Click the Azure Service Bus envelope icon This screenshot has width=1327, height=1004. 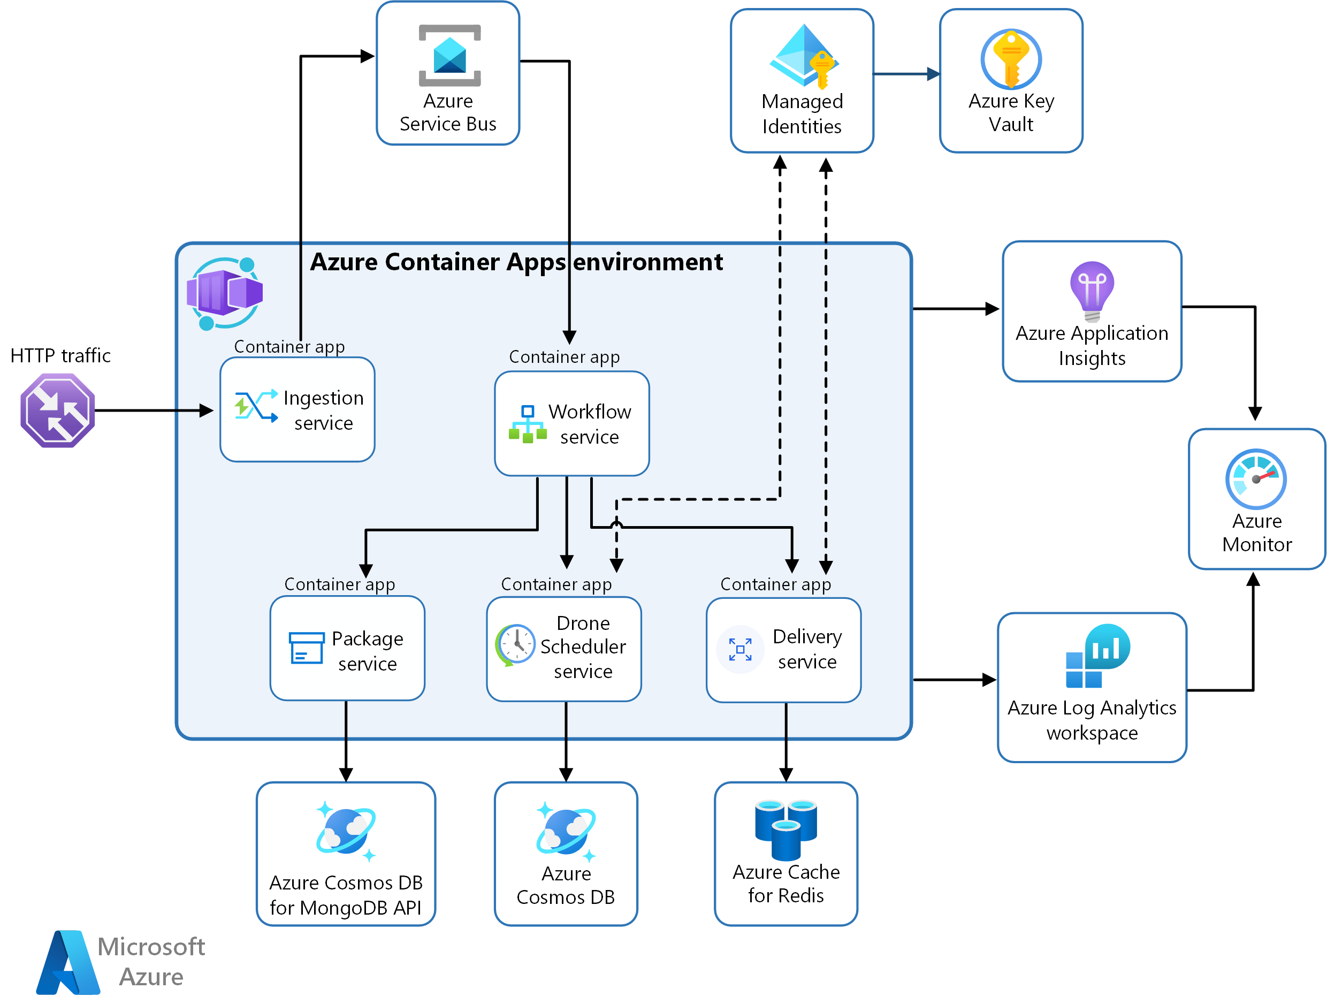449,55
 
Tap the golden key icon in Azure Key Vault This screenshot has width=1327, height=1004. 1011,58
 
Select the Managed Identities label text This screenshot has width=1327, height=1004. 802,114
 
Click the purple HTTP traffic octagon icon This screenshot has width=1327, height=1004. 58,410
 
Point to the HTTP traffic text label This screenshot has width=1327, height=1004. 60,355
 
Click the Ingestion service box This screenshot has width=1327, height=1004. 298,410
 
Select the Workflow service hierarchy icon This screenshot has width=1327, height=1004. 527,424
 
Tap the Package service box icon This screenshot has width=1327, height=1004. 306,648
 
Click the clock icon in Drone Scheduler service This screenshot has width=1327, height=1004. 515,644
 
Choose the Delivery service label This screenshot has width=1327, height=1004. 807,649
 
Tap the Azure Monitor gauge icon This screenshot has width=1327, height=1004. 1256,479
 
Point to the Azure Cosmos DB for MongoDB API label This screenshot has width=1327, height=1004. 346,895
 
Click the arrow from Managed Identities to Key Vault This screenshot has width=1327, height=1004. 906,74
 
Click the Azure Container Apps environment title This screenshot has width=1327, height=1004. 516,262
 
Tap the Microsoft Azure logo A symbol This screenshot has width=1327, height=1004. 68,963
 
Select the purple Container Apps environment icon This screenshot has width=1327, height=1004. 225,293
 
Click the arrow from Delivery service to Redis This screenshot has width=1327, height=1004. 786,742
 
